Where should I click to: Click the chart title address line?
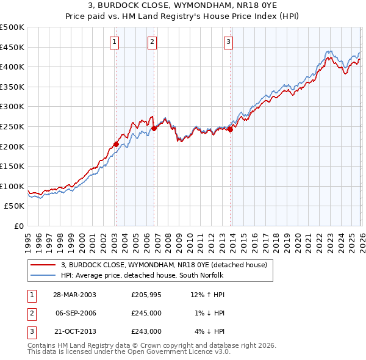pyautogui.click(x=183, y=4)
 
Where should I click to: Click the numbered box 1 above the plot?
pyautogui.click(x=115, y=42)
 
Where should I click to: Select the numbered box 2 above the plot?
pyautogui.click(x=152, y=42)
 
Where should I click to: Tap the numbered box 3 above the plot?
pyautogui.click(x=228, y=42)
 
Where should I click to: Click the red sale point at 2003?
pyautogui.click(x=116, y=145)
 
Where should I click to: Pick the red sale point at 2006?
pyautogui.click(x=154, y=128)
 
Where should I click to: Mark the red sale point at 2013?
pyautogui.click(x=231, y=129)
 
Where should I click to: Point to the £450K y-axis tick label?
pyautogui.click(x=12, y=47)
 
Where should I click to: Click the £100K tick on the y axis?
pyautogui.click(x=12, y=186)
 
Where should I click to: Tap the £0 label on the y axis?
pyautogui.click(x=18, y=226)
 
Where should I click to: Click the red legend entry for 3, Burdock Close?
pyautogui.click(x=164, y=265)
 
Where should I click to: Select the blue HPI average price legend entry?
pyautogui.click(x=142, y=276)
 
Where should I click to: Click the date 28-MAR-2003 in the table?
pyautogui.click(x=74, y=295)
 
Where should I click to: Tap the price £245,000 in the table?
pyautogui.click(x=146, y=313)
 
